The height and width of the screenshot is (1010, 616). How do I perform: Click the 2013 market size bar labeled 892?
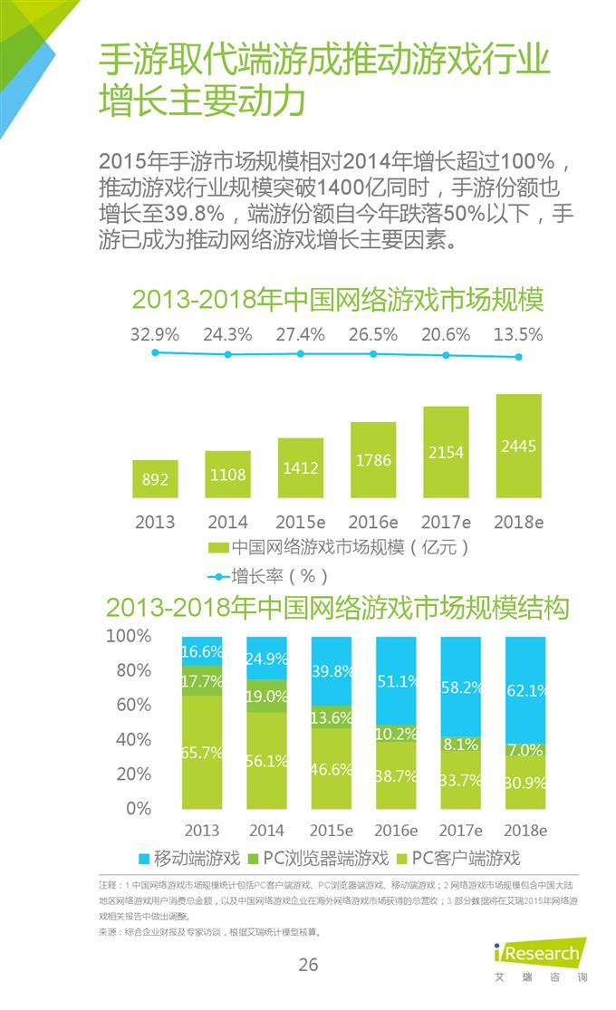click(155, 478)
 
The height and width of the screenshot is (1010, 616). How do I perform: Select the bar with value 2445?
click(519, 446)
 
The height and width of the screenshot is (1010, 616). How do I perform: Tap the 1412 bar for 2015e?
click(301, 467)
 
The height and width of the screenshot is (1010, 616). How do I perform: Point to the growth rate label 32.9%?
click(155, 334)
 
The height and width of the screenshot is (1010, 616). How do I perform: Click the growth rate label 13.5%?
click(519, 334)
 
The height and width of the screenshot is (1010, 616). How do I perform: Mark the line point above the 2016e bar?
click(373, 354)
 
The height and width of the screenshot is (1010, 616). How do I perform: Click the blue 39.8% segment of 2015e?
click(330, 671)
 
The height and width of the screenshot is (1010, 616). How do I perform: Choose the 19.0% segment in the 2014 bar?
click(266, 696)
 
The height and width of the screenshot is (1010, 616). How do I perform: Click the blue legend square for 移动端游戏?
click(143, 857)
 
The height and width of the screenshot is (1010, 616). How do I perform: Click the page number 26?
click(309, 965)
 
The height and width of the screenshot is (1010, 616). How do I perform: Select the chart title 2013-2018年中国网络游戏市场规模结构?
click(337, 607)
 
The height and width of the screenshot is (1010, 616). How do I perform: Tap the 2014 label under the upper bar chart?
click(227, 522)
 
